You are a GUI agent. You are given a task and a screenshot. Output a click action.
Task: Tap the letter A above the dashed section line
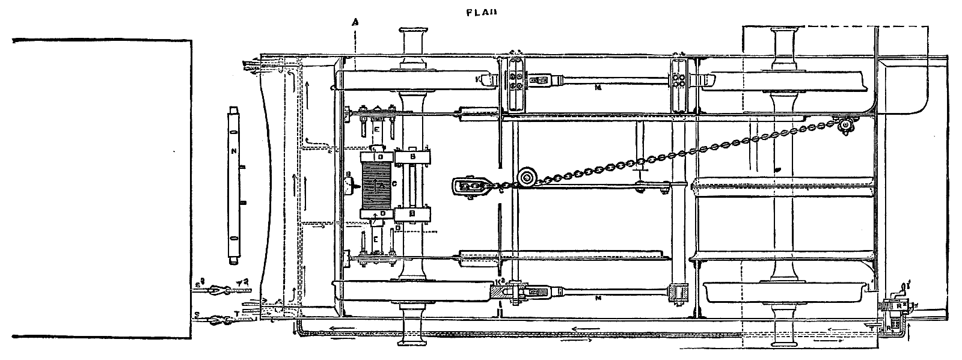(355, 22)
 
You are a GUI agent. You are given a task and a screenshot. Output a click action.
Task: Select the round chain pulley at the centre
(527, 178)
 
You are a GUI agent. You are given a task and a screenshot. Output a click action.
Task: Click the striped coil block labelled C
(376, 185)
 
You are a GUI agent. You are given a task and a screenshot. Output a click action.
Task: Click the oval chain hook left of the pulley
(470, 186)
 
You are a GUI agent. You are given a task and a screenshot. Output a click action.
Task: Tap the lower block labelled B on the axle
(412, 214)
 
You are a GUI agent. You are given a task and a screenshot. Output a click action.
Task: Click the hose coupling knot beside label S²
(214, 291)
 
